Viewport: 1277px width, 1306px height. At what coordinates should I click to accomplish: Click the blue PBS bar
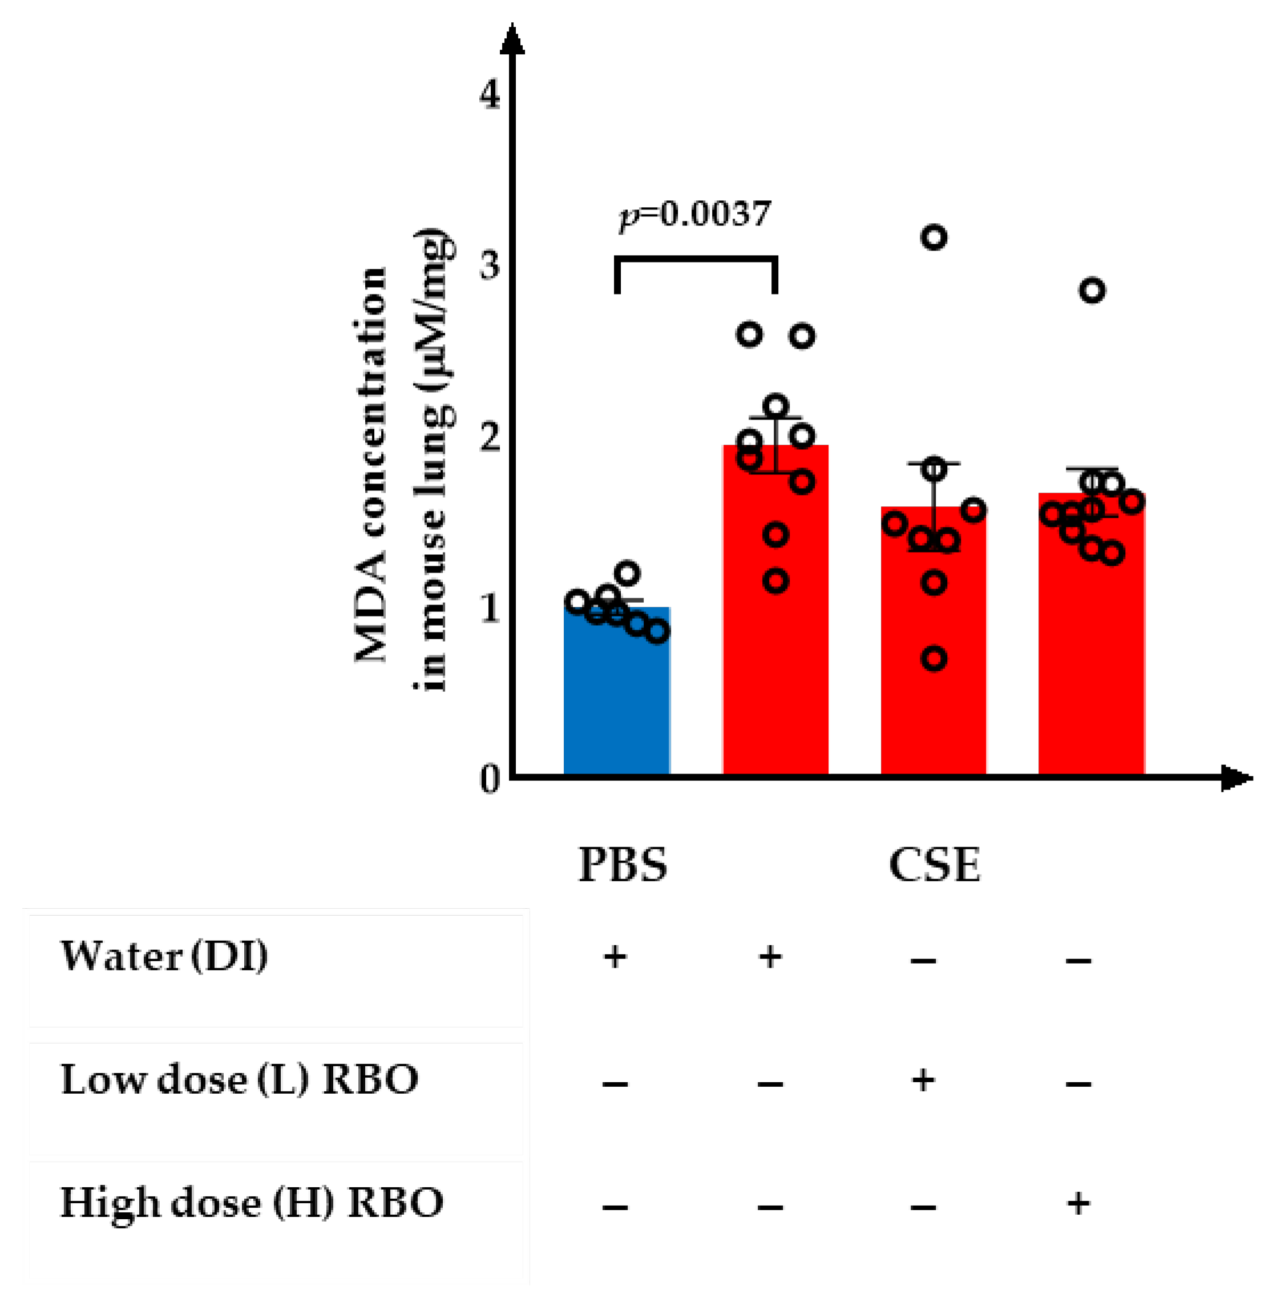(x=616, y=698)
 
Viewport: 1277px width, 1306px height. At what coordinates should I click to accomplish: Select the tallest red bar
(x=775, y=624)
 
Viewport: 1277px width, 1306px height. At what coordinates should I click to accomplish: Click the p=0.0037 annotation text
(x=694, y=215)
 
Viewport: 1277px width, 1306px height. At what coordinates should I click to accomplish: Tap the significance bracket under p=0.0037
(x=696, y=258)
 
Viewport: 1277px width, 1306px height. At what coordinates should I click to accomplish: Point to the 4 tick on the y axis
(x=490, y=95)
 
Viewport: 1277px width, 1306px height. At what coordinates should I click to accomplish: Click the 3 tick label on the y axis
(x=490, y=267)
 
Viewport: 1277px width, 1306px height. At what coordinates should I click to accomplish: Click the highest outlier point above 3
(x=933, y=237)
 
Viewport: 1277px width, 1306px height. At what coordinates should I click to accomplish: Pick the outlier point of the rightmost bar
(x=1092, y=291)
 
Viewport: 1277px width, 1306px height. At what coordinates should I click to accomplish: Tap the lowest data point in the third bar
(x=933, y=659)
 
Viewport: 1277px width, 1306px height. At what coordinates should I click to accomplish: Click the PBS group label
(x=623, y=865)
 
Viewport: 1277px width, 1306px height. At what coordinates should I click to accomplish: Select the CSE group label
(x=933, y=865)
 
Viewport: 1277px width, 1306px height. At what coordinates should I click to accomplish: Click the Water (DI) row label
(x=164, y=956)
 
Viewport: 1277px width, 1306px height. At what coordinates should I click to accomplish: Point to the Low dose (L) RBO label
(x=240, y=1079)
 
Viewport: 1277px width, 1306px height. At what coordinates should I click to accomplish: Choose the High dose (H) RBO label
(x=252, y=1202)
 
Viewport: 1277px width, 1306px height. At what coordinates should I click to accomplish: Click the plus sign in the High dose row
(x=1078, y=1203)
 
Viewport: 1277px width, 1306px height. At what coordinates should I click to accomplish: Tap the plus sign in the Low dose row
(x=923, y=1080)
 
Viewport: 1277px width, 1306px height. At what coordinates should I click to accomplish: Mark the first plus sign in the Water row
(x=615, y=957)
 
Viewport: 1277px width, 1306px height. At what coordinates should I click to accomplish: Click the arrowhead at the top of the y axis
(x=512, y=41)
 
